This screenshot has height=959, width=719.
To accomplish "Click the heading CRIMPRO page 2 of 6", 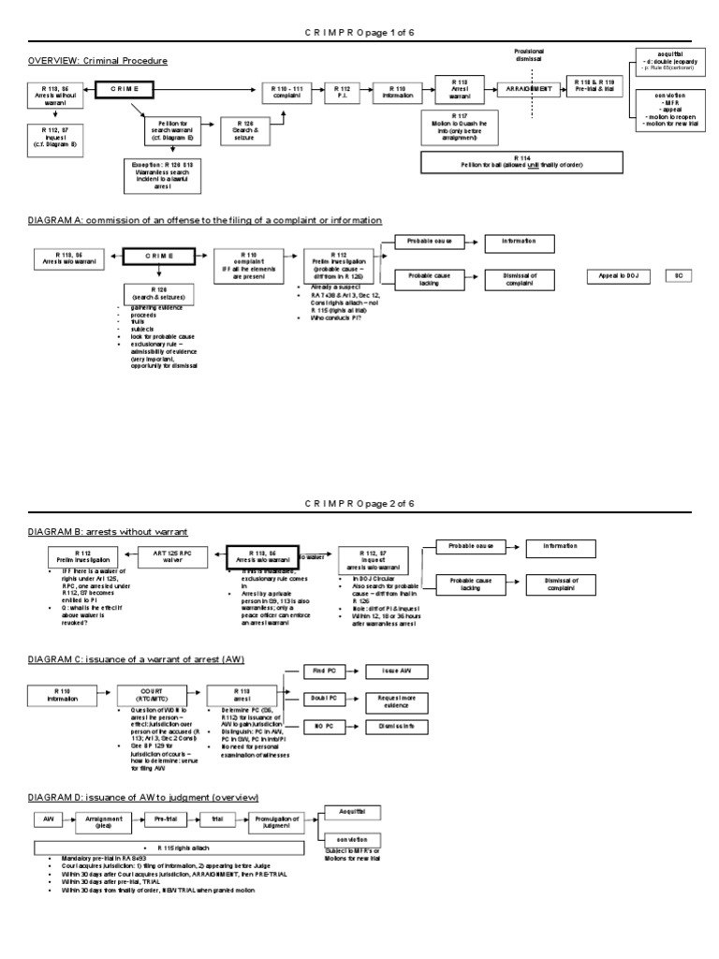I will pos(359,504).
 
